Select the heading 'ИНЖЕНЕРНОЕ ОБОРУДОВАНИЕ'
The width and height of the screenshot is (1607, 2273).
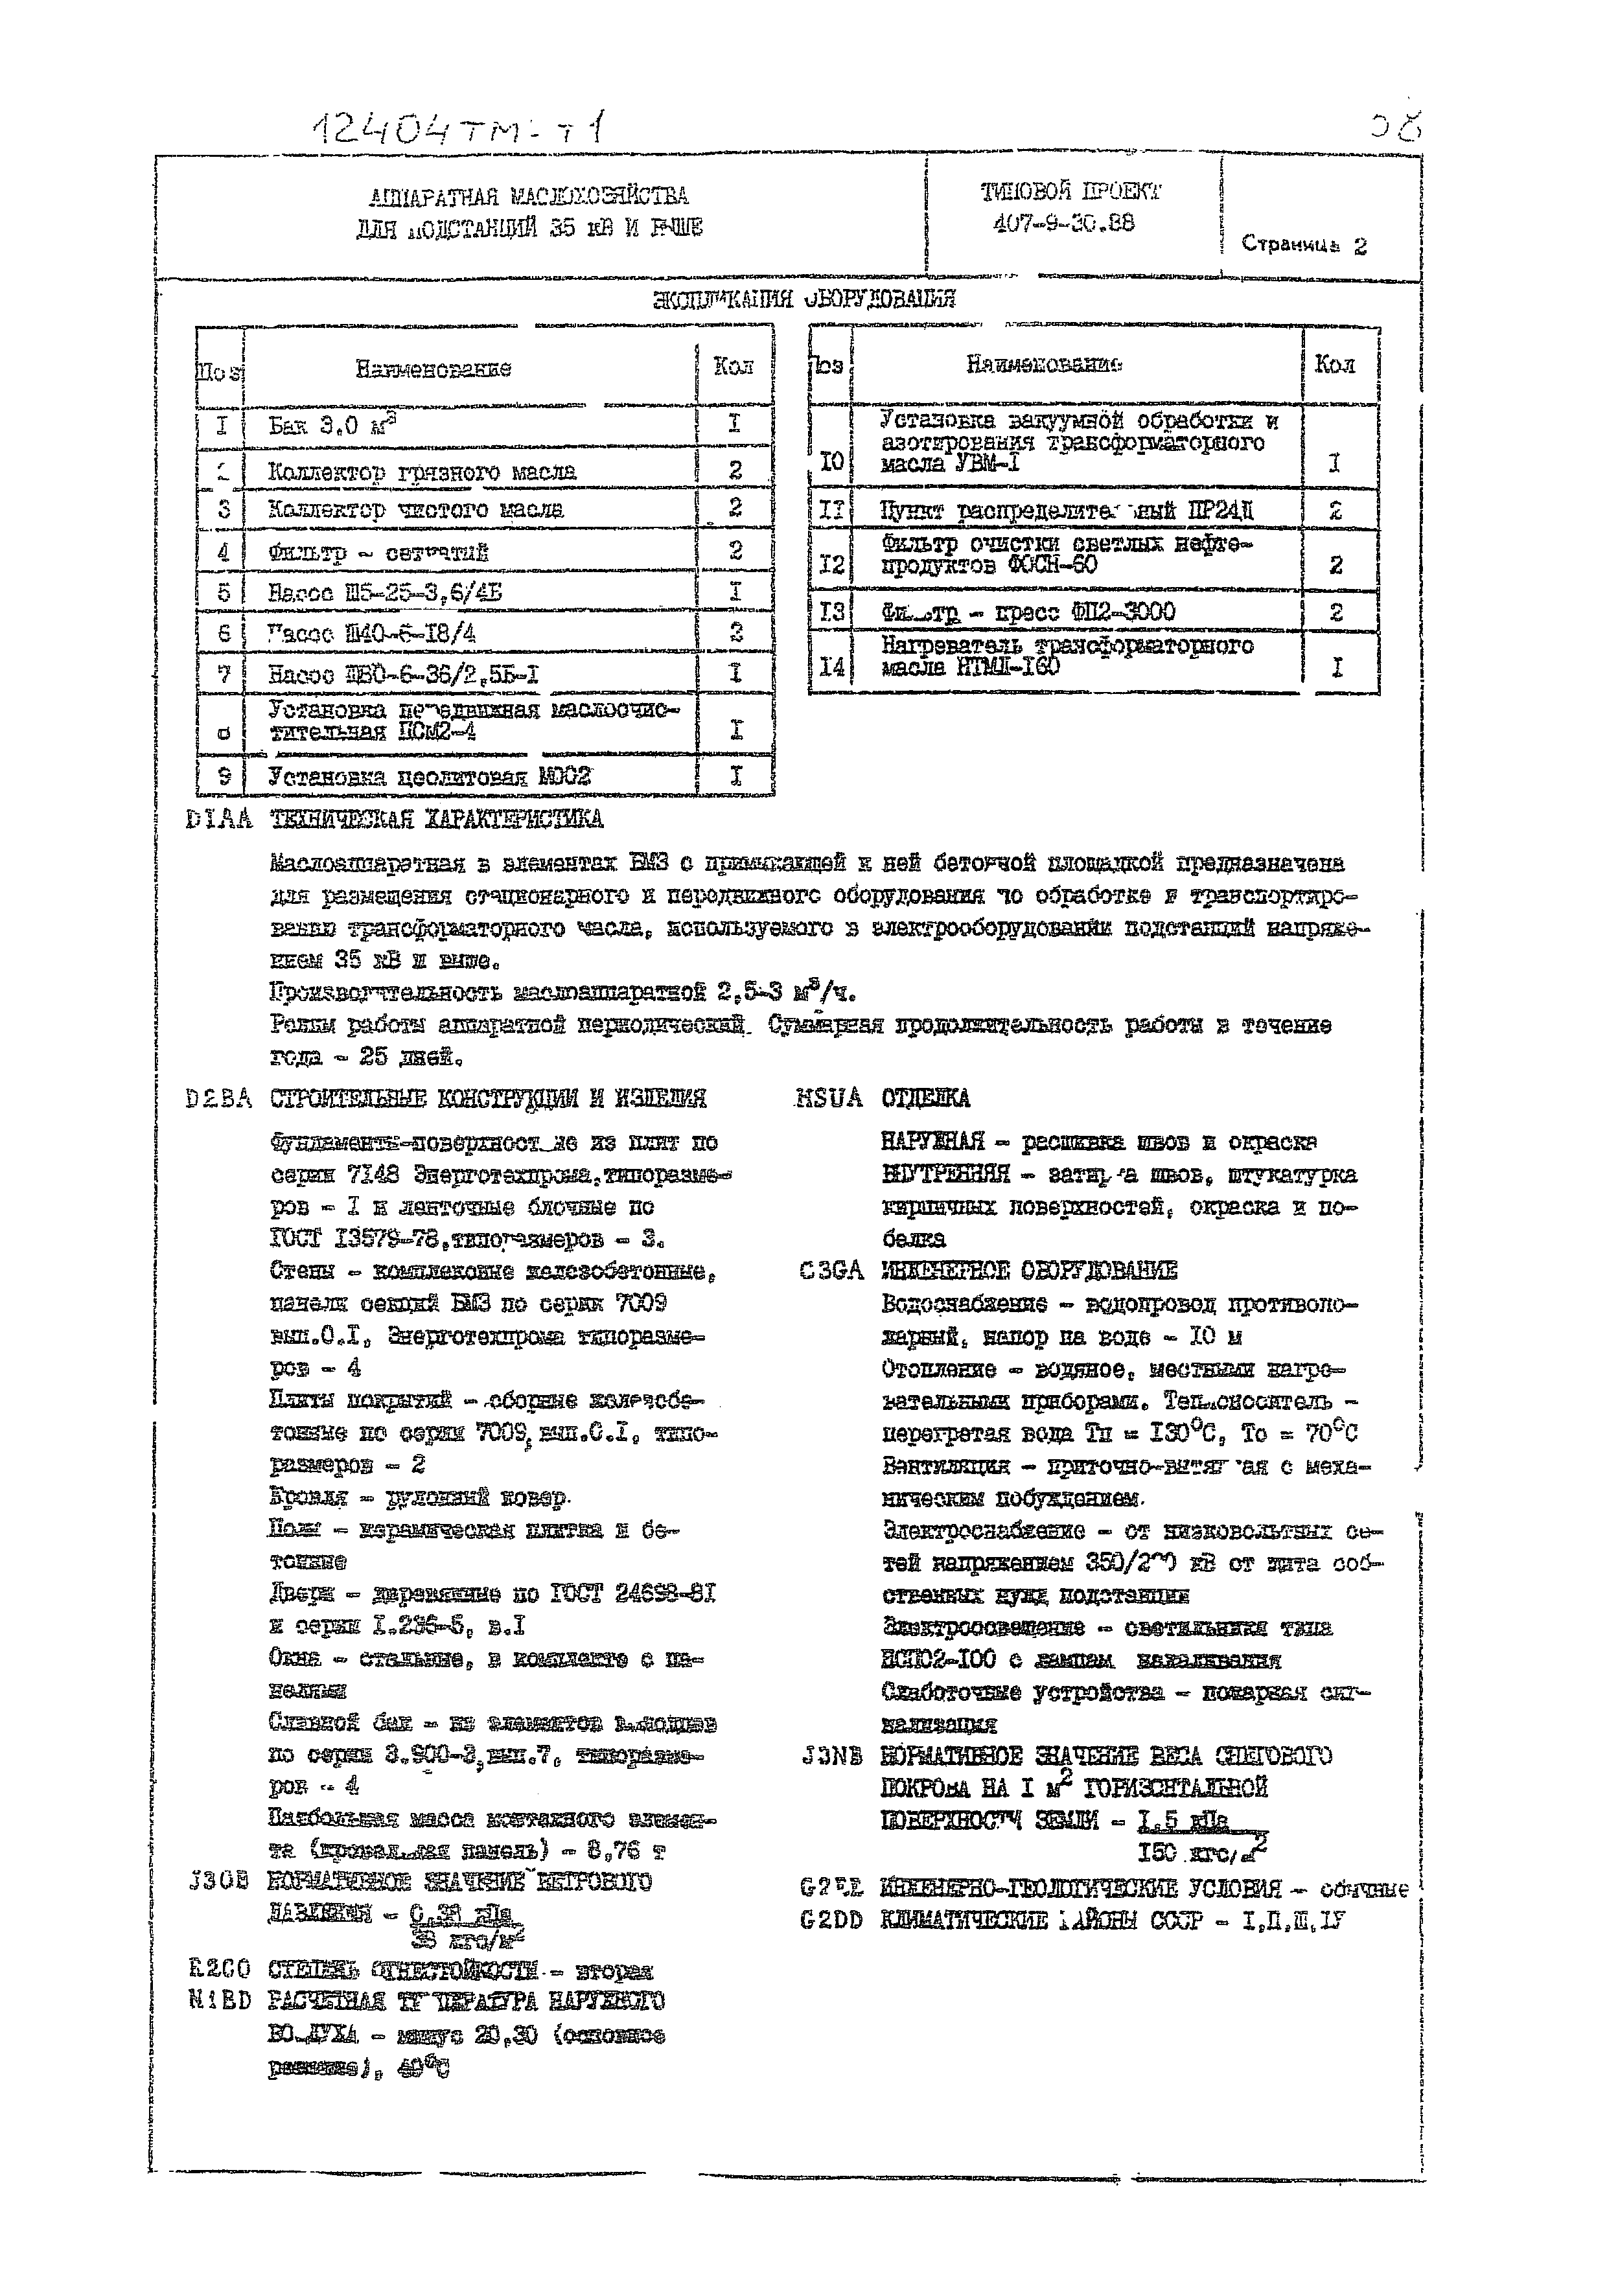click(1029, 1270)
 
